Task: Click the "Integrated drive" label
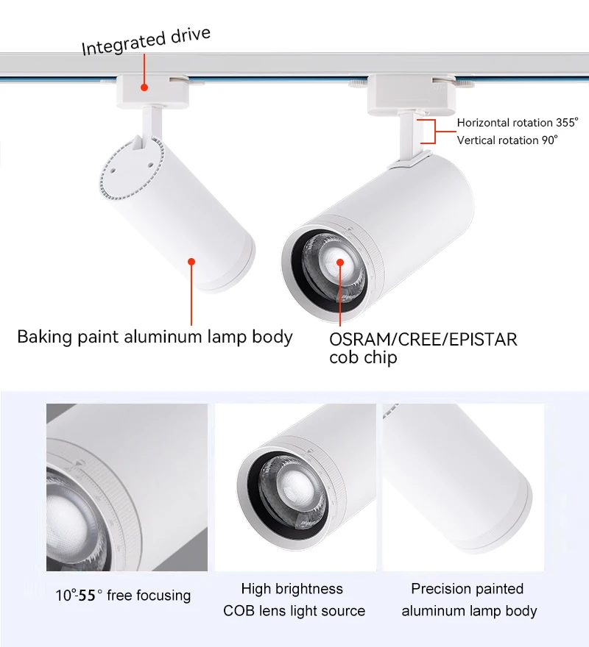[x=146, y=42]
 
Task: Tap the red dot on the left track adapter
[x=144, y=87]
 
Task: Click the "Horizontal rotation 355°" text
[x=518, y=122]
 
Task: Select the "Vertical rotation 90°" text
[x=507, y=140]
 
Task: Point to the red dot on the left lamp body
[x=191, y=260]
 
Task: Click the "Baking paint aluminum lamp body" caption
[x=155, y=337]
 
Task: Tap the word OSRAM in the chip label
[x=357, y=340]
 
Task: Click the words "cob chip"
[x=363, y=357]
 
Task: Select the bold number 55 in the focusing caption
[x=87, y=596]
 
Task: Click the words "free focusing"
[x=149, y=596]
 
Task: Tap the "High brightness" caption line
[x=292, y=589]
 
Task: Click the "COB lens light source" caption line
[x=294, y=611]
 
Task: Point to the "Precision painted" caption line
[x=468, y=589]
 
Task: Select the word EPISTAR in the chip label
[x=482, y=340]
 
